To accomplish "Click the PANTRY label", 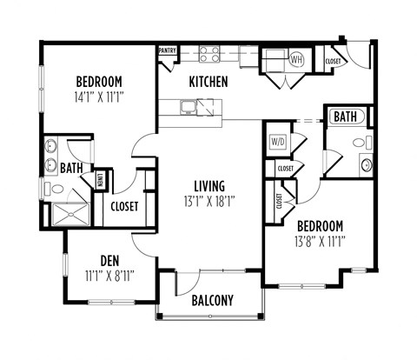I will (x=168, y=50).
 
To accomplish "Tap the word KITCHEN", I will (x=208, y=82).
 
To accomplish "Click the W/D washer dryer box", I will (x=278, y=139).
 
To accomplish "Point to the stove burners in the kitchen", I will (x=209, y=55).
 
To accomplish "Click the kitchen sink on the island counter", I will (x=189, y=108).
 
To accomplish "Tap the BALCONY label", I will (x=212, y=301).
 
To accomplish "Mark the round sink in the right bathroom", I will (x=366, y=163).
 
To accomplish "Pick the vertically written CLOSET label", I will (x=279, y=201).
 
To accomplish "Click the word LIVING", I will (x=209, y=185).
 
